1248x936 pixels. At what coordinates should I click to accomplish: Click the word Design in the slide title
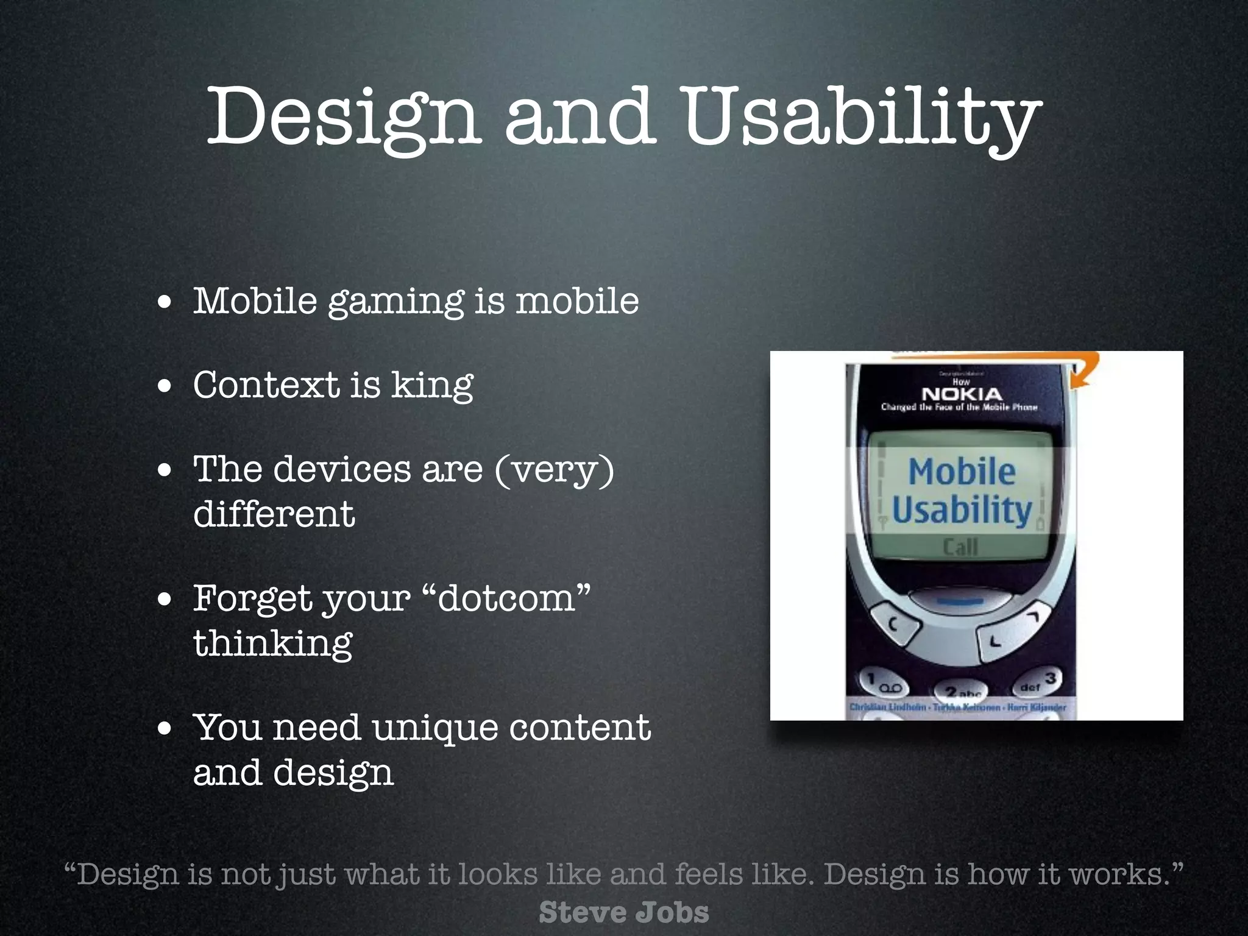(341, 117)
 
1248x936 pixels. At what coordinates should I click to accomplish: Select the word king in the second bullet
(431, 386)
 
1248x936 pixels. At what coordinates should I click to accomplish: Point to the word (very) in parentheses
(554, 470)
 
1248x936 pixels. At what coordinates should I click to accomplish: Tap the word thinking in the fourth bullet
(272, 643)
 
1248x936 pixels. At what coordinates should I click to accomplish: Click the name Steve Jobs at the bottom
(623, 913)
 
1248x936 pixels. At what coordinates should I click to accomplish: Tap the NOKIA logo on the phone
(961, 394)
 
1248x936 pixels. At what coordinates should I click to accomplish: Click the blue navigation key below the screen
(959, 601)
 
